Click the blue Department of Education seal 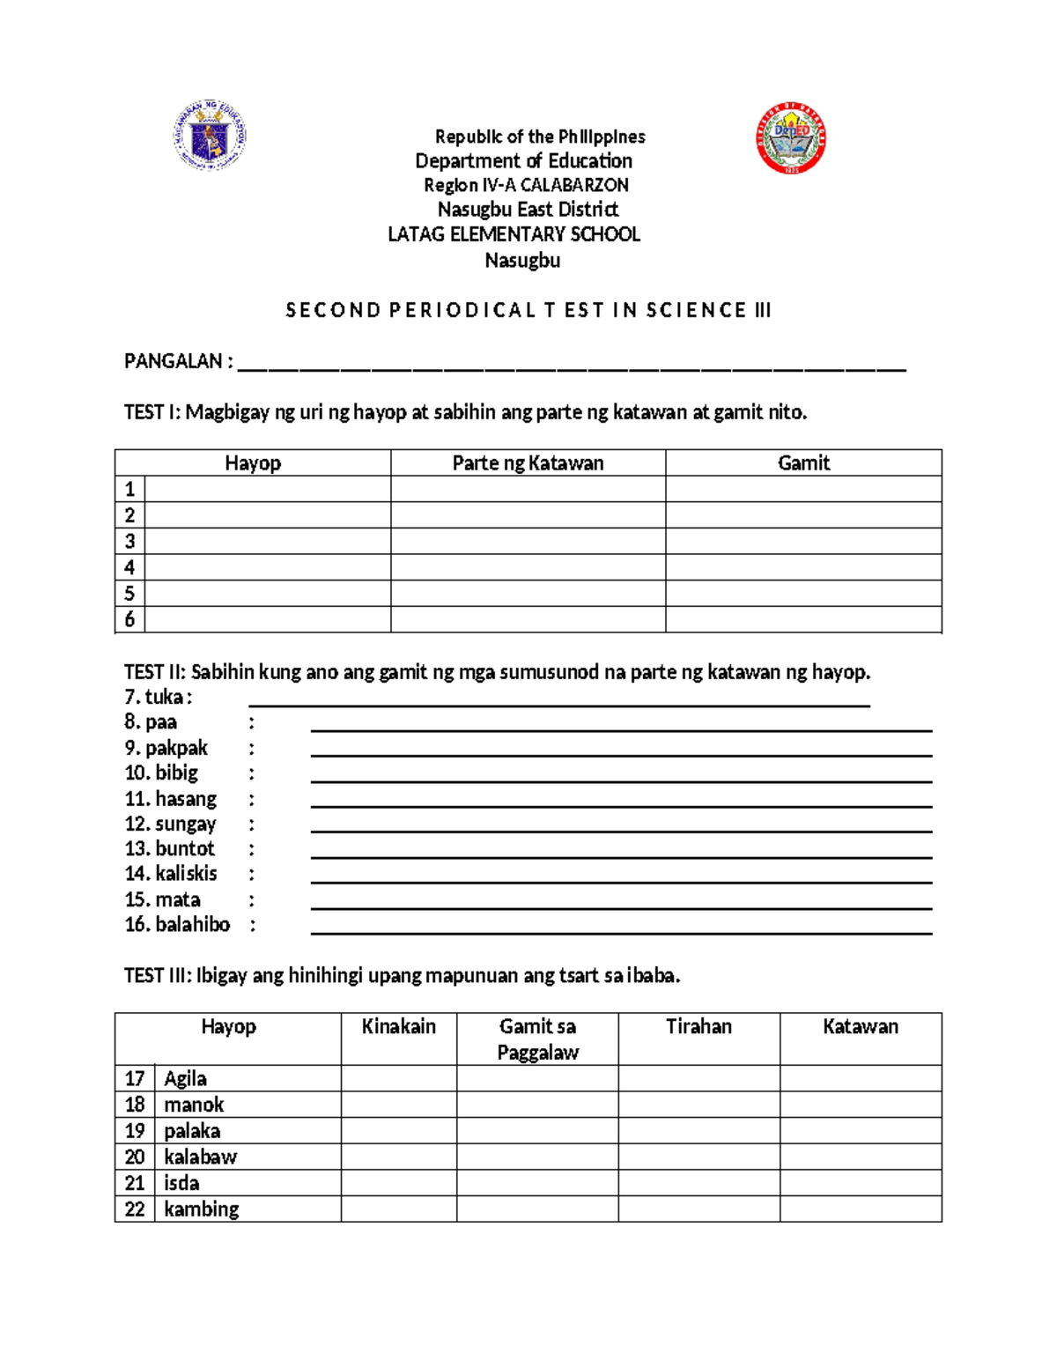tap(210, 135)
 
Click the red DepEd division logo tap(790, 138)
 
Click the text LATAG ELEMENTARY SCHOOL tap(514, 234)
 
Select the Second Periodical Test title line tap(528, 310)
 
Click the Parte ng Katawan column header tap(528, 463)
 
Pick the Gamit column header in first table tap(803, 463)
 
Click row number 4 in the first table tap(129, 567)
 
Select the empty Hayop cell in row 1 tap(267, 490)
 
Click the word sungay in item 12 tap(185, 824)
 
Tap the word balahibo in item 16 tap(192, 925)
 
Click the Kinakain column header tap(398, 1027)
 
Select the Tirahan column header tap(699, 1027)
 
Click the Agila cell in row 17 tap(185, 1079)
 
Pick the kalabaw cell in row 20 tap(200, 1157)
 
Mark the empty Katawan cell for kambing tap(860, 1209)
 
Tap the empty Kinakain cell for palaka tap(398, 1131)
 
